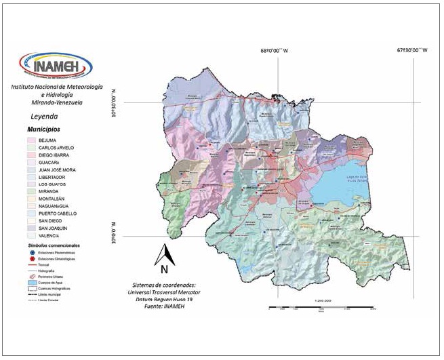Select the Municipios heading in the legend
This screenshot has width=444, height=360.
tap(43, 128)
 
